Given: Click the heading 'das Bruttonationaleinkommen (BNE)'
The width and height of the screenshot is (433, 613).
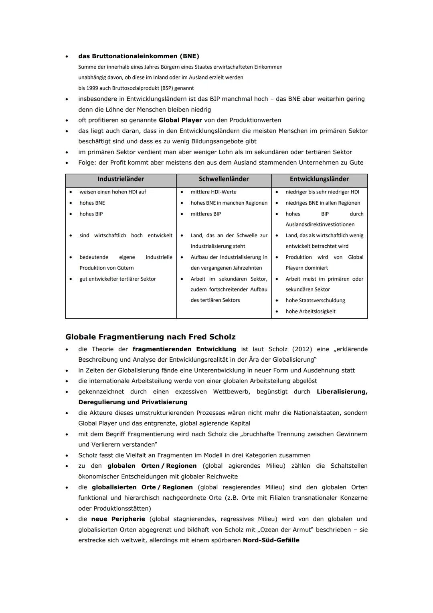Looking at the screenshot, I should [x=138, y=56].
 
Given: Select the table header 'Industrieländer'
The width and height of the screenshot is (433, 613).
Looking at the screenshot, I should [x=121, y=179].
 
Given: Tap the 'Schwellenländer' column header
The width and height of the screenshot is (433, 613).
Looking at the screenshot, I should [x=224, y=179].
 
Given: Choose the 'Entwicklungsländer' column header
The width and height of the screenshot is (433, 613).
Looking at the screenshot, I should [x=319, y=179].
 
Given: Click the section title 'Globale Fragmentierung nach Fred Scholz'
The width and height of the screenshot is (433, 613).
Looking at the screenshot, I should [x=150, y=337].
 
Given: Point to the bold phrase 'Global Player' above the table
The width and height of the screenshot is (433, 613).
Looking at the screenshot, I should [x=180, y=120].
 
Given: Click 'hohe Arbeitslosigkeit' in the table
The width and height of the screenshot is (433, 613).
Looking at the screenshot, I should [x=310, y=312].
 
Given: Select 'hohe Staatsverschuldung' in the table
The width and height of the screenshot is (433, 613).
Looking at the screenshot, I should [x=315, y=300].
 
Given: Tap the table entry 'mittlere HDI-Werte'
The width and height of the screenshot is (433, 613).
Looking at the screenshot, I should [x=213, y=192].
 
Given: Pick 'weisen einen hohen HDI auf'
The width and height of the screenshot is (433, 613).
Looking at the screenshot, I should [x=113, y=192].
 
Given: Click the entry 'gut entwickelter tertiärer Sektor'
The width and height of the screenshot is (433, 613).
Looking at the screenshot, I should [x=117, y=279].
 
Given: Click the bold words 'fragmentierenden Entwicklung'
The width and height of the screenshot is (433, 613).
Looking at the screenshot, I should [x=184, y=349].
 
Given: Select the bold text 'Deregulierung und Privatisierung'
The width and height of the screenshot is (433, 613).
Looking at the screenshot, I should [x=133, y=402].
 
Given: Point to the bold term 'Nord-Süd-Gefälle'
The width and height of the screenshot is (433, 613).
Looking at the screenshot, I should [x=271, y=540].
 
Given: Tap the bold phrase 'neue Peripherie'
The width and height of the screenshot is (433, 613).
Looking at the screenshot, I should [x=118, y=519].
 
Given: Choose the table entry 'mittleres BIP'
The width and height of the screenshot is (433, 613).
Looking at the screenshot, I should [x=206, y=214].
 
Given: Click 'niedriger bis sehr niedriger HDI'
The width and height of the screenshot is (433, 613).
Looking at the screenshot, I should [x=322, y=192].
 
